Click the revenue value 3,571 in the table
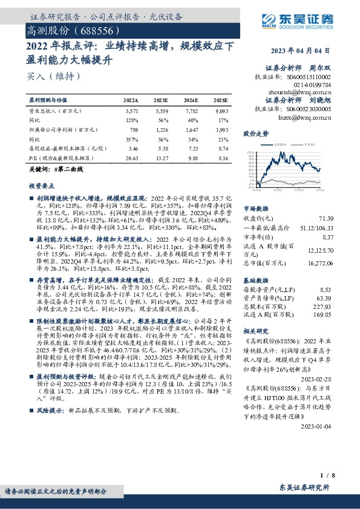point(131,112)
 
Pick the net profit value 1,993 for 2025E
point(221,130)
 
